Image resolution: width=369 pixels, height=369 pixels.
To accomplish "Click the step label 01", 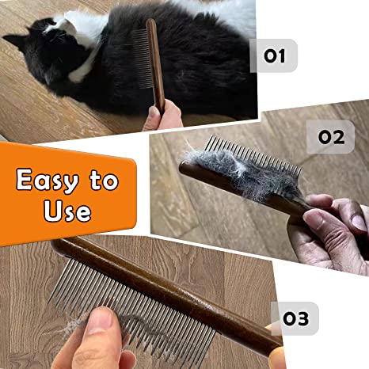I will click(273, 56).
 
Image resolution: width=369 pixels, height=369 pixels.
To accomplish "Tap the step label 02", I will click(331, 136).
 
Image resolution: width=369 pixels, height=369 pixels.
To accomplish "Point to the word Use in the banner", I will click(62, 211).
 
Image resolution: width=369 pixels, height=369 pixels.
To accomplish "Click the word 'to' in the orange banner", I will click(105, 181).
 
